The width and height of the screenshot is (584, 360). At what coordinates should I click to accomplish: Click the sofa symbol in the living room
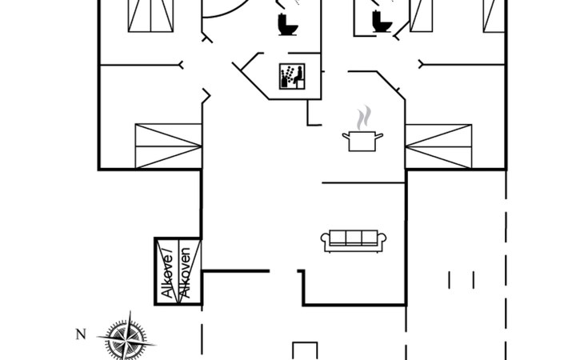pyautogui.click(x=354, y=241)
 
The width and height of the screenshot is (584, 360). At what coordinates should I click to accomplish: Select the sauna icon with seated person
pyautogui.click(x=292, y=76)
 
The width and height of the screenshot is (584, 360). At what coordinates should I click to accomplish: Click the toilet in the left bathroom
pyautogui.click(x=288, y=25)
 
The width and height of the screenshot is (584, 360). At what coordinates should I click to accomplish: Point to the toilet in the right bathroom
pyautogui.click(x=382, y=22)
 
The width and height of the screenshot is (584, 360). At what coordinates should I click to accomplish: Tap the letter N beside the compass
pyautogui.click(x=81, y=334)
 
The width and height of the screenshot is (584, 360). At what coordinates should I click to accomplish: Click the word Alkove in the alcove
pyautogui.click(x=168, y=275)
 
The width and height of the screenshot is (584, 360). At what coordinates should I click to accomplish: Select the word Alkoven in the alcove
pyautogui.click(x=185, y=273)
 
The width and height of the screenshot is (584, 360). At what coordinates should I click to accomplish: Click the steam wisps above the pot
pyautogui.click(x=364, y=118)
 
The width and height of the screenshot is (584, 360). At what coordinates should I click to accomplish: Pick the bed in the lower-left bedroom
pyautogui.click(x=168, y=146)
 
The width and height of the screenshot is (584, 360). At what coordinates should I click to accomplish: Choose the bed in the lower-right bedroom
pyautogui.click(x=438, y=146)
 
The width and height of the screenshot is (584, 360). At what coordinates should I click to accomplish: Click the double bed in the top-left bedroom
pyautogui.click(x=150, y=16)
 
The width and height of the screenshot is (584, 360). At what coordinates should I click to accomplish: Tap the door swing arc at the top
pyautogui.click(x=226, y=11)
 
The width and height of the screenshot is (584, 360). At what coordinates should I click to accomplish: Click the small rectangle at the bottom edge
pyautogui.click(x=305, y=350)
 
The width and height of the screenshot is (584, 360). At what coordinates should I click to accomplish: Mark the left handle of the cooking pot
pyautogui.click(x=346, y=136)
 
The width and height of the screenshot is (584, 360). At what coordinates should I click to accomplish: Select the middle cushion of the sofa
pyautogui.click(x=354, y=238)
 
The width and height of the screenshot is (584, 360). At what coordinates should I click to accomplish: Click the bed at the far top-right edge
pyautogui.click(x=494, y=16)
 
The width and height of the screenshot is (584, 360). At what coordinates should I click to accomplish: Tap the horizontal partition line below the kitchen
pyautogui.click(x=363, y=182)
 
